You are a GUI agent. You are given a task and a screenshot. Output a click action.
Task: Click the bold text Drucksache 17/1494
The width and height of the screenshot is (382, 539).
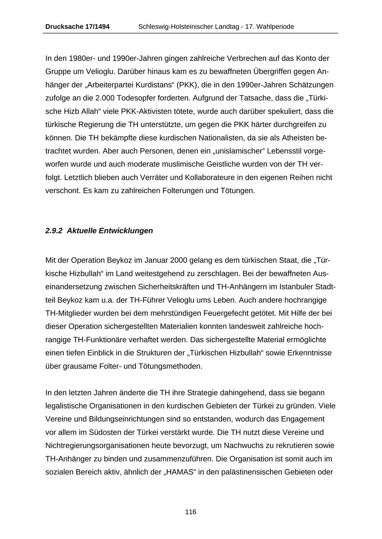(x=77, y=27)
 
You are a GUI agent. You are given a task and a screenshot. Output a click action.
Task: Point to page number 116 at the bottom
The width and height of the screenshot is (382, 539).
(x=191, y=512)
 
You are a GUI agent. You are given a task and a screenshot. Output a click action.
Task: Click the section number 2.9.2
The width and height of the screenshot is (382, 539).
(x=54, y=231)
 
